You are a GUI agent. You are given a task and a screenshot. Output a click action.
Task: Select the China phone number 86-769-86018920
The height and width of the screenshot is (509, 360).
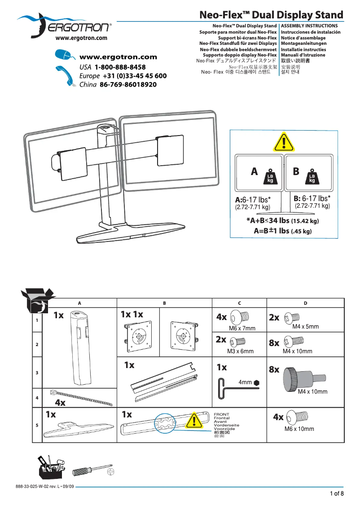click(128, 84)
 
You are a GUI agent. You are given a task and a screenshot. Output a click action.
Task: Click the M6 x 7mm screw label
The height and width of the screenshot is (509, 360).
click(242, 329)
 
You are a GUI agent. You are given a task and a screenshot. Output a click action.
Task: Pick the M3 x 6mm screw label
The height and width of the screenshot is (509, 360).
click(240, 351)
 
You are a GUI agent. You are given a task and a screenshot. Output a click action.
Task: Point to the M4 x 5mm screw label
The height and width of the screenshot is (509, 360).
click(305, 327)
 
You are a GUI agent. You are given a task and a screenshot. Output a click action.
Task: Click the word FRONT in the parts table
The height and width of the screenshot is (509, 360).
click(221, 414)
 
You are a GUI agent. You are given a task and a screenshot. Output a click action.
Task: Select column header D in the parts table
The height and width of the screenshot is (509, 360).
click(305, 303)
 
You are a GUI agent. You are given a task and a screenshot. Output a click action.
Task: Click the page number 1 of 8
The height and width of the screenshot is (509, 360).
click(337, 494)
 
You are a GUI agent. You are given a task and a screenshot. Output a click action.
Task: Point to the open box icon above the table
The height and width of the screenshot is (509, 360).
click(37, 300)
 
